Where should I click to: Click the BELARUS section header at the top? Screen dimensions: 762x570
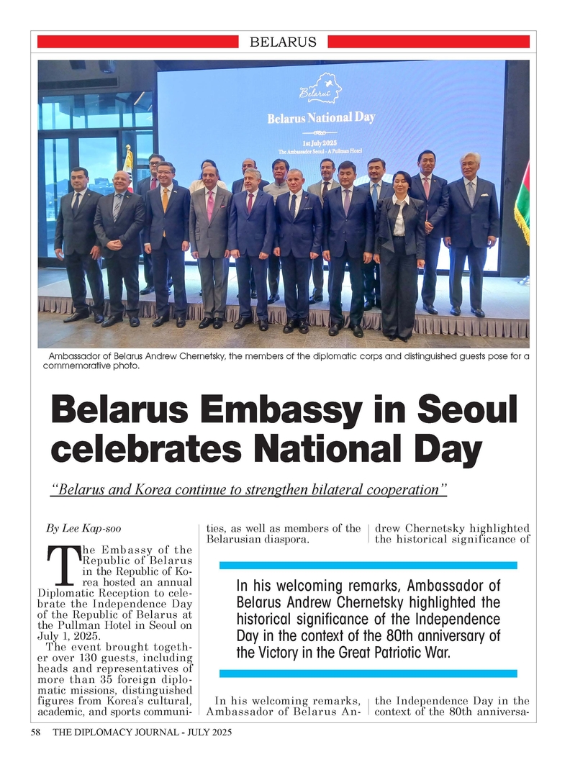coord(283,42)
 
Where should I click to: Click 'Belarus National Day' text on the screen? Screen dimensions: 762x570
coord(321,117)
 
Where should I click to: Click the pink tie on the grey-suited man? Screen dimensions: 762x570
coord(210,204)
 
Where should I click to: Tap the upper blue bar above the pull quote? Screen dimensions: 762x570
coord(368,565)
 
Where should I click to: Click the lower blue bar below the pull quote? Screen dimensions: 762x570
coord(368,673)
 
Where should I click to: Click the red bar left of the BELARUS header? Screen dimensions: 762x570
coord(137,42)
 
